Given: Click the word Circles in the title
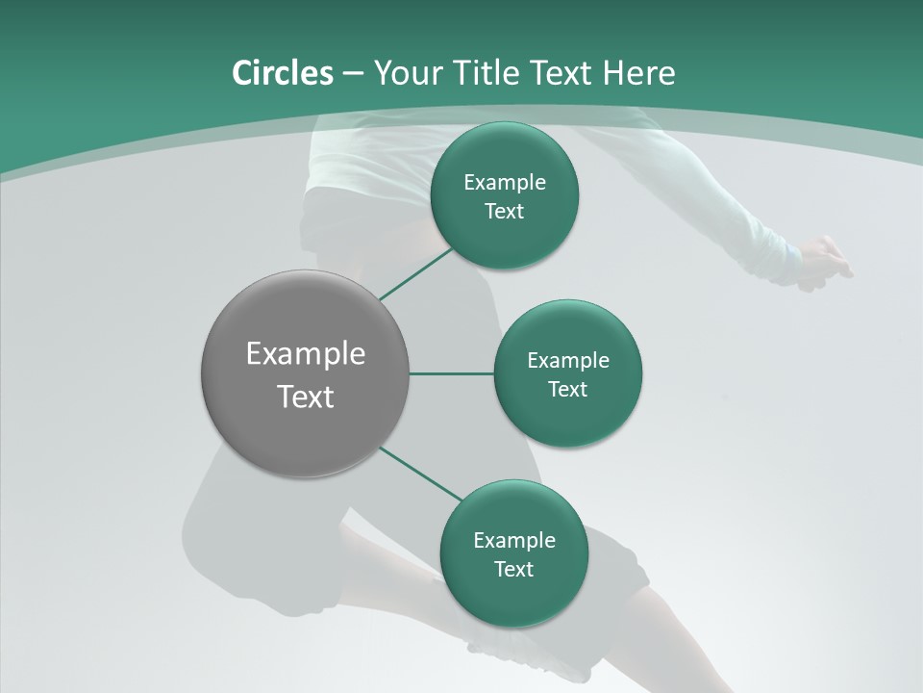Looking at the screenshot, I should point(283,73).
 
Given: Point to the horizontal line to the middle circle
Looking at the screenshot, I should point(451,373).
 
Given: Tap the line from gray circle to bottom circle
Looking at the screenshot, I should point(421,474).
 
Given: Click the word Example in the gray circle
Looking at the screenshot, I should point(306,354).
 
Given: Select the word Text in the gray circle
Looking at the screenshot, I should point(306,397).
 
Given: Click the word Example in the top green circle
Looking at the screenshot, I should point(505,183).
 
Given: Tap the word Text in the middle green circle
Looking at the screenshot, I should point(568,390).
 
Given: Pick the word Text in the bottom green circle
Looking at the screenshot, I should point(513,570).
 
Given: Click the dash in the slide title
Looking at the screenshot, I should point(353,73).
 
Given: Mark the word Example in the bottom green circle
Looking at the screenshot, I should point(513,541).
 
